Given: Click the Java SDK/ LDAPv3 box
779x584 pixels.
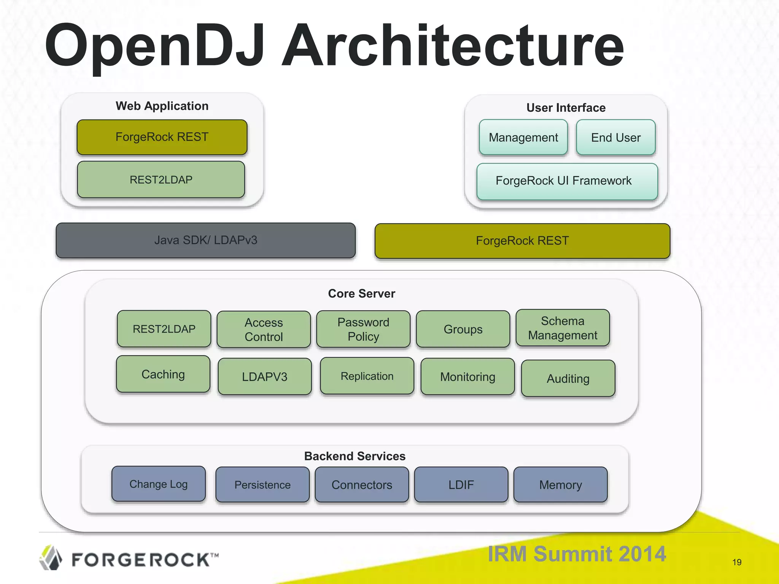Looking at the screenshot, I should [205, 240].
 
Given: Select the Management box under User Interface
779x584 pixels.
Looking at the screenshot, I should [523, 137].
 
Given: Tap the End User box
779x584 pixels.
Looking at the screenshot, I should [615, 137].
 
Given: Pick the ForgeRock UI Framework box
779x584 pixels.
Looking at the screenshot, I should [567, 181].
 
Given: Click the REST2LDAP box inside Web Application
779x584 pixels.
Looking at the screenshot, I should [161, 179].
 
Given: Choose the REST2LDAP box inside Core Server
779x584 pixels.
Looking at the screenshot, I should [164, 329].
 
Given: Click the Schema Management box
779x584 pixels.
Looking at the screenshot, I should [563, 328].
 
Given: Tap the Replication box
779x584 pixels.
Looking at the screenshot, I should [367, 376].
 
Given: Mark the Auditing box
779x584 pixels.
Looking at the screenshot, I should [568, 379].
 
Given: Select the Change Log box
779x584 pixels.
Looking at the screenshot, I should [159, 484].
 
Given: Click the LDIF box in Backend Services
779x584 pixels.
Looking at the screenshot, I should [461, 485].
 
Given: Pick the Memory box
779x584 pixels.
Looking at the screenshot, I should [560, 485].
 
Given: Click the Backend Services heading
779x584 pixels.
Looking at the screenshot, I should [355, 456].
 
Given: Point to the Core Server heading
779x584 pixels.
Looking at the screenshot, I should [361, 294].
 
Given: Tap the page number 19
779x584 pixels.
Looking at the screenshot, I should [737, 562].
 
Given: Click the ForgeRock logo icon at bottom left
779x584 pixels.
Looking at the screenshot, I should [51, 558].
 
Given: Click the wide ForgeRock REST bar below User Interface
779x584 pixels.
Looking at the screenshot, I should [522, 241].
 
